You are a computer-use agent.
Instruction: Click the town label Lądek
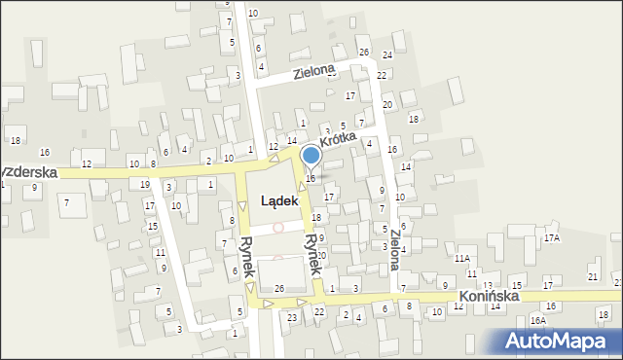coord(273,201)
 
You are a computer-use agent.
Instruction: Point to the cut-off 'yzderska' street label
coord(29,171)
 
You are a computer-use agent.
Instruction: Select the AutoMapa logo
coord(561,340)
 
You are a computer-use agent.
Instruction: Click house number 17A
coord(552,237)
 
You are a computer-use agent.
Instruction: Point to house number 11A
coord(461,258)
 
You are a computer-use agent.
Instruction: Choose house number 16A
coord(538,320)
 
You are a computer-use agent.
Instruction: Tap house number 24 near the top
coord(386,55)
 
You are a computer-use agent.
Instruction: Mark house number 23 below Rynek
coord(291,317)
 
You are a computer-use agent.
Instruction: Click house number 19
coord(144,184)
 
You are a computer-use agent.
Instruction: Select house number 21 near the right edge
coord(593,277)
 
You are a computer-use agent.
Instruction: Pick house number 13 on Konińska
coord(488,285)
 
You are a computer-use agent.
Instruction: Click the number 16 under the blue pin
coord(311,178)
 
